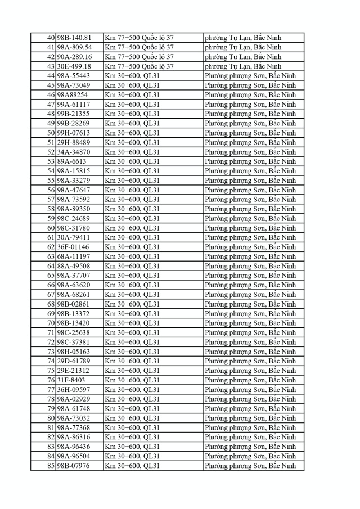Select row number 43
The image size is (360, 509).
pyautogui.click(x=51, y=66)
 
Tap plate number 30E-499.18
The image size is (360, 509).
pyautogui.click(x=74, y=66)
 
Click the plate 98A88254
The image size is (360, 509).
pyautogui.click(x=73, y=95)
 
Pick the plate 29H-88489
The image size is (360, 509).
pyautogui.click(x=74, y=142)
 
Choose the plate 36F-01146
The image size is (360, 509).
pyautogui.click(x=73, y=247)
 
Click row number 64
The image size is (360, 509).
pyautogui.click(x=51, y=266)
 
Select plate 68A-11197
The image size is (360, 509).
pyautogui.click(x=73, y=256)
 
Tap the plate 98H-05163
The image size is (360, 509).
pyautogui.click(x=74, y=352)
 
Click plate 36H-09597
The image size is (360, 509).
pyautogui.click(x=74, y=390)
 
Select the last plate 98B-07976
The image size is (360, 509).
pyautogui.click(x=74, y=466)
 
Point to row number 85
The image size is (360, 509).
pyautogui.click(x=51, y=466)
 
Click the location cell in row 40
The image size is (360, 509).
pyautogui.click(x=139, y=38)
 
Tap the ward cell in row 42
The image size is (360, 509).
pyautogui.click(x=243, y=57)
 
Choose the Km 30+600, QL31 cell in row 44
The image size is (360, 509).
pyautogui.click(x=132, y=76)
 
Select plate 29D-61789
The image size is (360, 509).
pyautogui.click(x=74, y=361)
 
